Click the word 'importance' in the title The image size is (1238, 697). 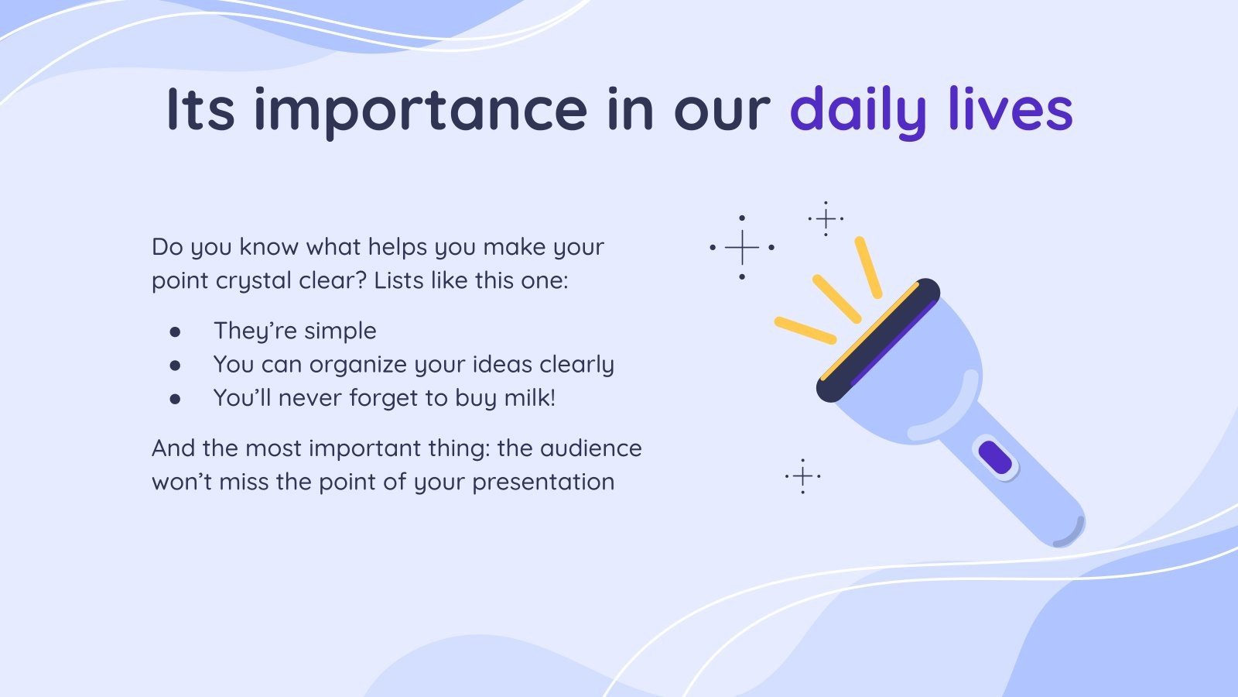click(420, 109)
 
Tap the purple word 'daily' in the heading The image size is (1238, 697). click(857, 109)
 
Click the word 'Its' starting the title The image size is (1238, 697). click(200, 109)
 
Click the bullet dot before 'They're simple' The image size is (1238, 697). click(176, 332)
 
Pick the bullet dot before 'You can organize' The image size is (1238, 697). click(176, 366)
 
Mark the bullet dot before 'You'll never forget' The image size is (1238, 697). click(176, 399)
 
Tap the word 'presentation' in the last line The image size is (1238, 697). click(543, 482)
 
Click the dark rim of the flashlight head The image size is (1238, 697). click(878, 341)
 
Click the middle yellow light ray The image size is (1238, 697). click(836, 299)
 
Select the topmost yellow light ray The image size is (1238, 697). click(868, 267)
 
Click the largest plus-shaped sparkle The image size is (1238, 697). click(742, 248)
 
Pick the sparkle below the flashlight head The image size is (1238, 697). click(802, 476)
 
